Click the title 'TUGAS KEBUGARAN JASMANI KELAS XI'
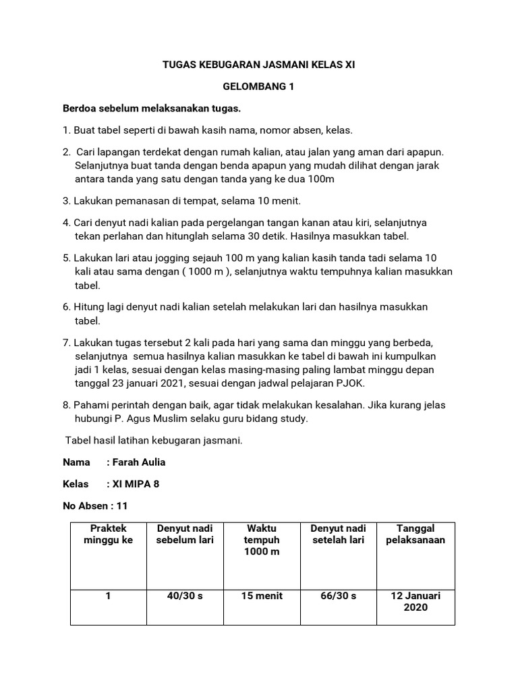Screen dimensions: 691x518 pos(259,65)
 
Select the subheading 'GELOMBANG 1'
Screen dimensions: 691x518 pos(259,87)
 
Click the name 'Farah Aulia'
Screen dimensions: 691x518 pos(138,462)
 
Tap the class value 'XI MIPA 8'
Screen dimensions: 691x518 pos(136,484)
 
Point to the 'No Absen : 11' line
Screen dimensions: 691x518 pos(95,505)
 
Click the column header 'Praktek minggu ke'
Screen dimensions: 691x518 pos(108,534)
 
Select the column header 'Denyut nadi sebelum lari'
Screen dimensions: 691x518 pos(184,534)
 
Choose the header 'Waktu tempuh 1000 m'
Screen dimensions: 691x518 pos(262,540)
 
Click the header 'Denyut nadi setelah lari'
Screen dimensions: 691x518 pos(339,534)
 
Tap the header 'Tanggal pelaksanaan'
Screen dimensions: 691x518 pos(415,534)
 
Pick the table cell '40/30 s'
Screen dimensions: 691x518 pos(184,596)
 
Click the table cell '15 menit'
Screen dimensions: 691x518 pos(262,596)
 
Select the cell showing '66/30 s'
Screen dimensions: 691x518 pos(339,596)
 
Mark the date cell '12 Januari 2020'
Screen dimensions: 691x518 pos(415,601)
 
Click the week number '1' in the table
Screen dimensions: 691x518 pos(108,596)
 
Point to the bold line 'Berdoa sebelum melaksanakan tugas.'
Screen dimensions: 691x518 pos(152,109)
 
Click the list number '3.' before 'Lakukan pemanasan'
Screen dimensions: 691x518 pos(67,200)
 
